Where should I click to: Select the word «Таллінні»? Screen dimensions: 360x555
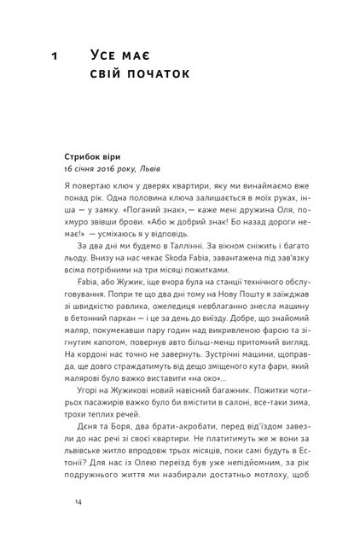tap(187, 269)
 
